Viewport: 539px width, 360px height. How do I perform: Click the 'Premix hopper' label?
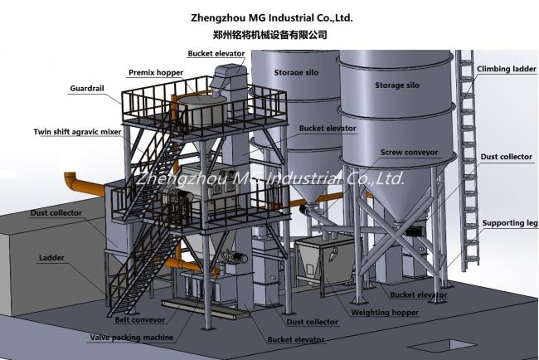click(x=156, y=72)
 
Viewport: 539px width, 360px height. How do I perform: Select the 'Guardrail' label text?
click(x=88, y=87)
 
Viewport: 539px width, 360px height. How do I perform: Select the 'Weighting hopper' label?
click(x=385, y=313)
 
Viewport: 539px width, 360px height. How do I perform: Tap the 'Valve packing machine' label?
click(x=132, y=338)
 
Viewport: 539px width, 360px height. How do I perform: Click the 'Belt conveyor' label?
click(x=138, y=317)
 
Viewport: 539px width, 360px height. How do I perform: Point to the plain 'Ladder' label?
click(x=51, y=258)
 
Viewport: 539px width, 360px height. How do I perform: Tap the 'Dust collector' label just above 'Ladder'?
click(x=56, y=213)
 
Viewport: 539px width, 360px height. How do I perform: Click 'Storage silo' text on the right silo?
click(x=397, y=85)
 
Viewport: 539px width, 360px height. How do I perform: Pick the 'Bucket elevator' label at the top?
click(x=216, y=53)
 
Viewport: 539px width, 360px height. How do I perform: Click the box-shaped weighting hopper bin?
click(x=323, y=257)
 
